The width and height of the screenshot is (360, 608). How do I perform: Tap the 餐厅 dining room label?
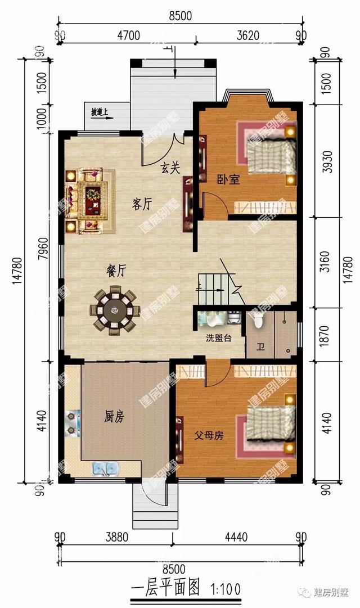116,271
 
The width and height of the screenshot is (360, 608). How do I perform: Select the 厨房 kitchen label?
114,417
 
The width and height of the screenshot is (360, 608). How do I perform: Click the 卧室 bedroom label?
228,179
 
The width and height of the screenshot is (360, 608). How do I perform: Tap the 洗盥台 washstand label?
218,339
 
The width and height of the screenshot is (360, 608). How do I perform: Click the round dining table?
115,309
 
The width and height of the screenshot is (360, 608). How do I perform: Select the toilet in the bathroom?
258,320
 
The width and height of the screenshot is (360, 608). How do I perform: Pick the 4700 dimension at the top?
128,35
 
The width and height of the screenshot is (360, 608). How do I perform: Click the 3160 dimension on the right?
327,262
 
